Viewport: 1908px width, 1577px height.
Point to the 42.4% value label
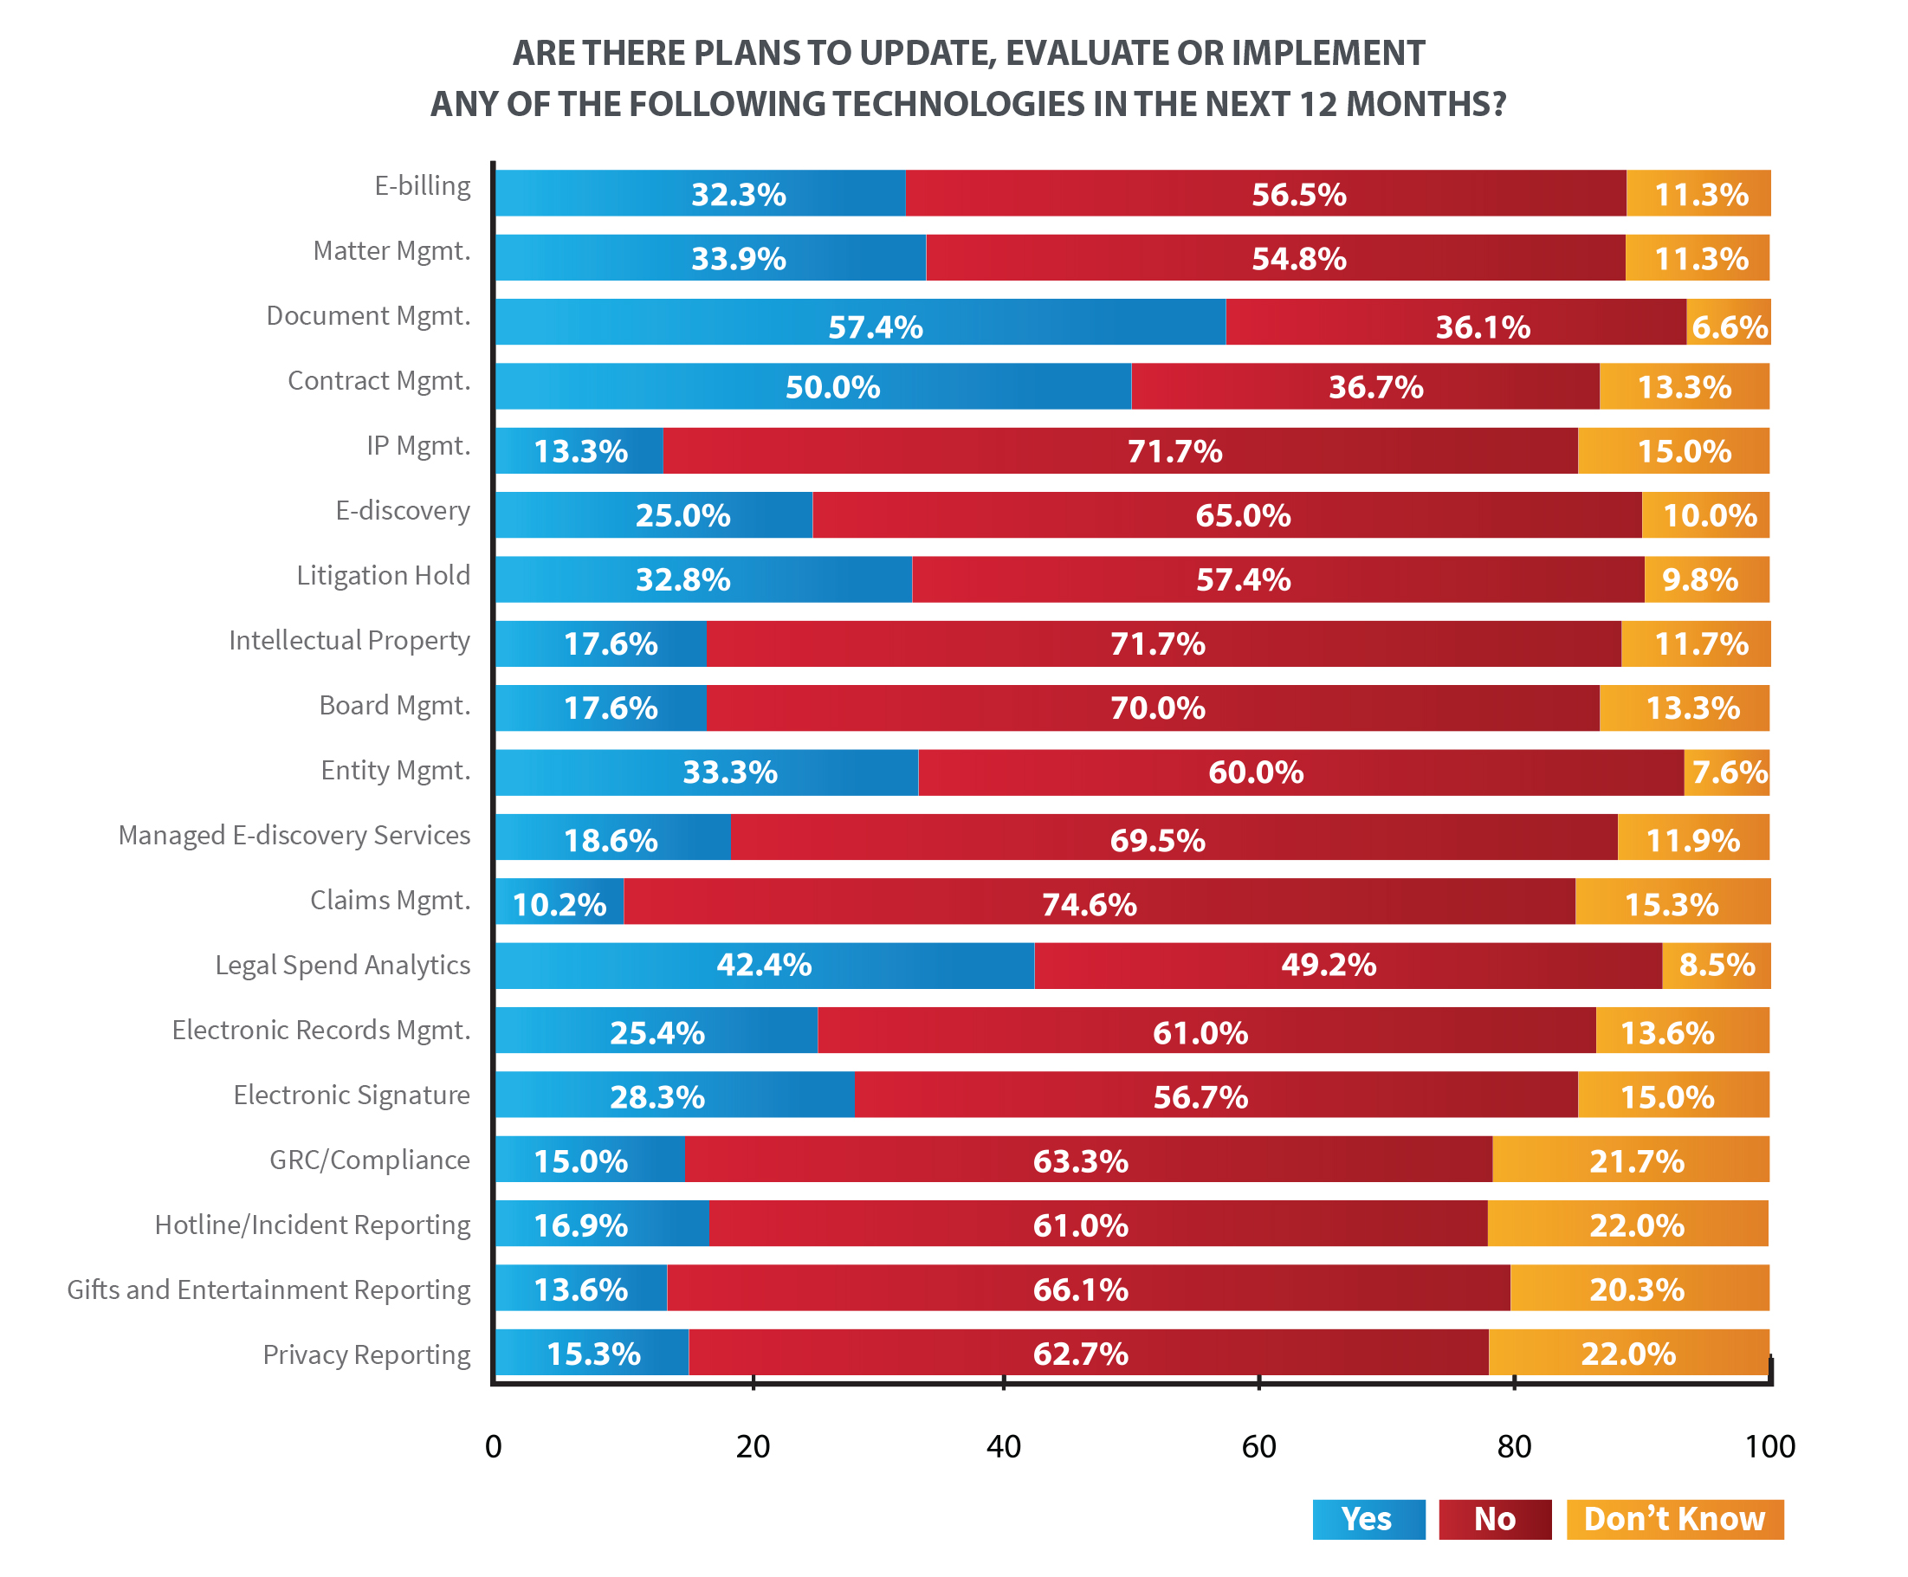763,965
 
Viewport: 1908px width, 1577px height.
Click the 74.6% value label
1089,905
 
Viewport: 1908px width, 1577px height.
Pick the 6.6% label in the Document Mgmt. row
1729,327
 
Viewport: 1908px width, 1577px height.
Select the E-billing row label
423,185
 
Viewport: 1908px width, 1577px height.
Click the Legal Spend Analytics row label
342,965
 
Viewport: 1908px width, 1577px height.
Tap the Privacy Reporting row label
366,1354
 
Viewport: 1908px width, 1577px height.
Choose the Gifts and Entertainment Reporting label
269,1290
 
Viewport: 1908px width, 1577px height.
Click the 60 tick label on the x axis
1258,1446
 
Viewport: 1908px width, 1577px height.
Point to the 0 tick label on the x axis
494,1446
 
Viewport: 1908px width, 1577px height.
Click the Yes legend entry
1368,1519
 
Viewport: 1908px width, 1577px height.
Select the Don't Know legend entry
1673,1519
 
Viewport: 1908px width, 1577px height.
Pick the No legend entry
1495,1519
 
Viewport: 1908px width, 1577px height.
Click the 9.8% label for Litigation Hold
1699,579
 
